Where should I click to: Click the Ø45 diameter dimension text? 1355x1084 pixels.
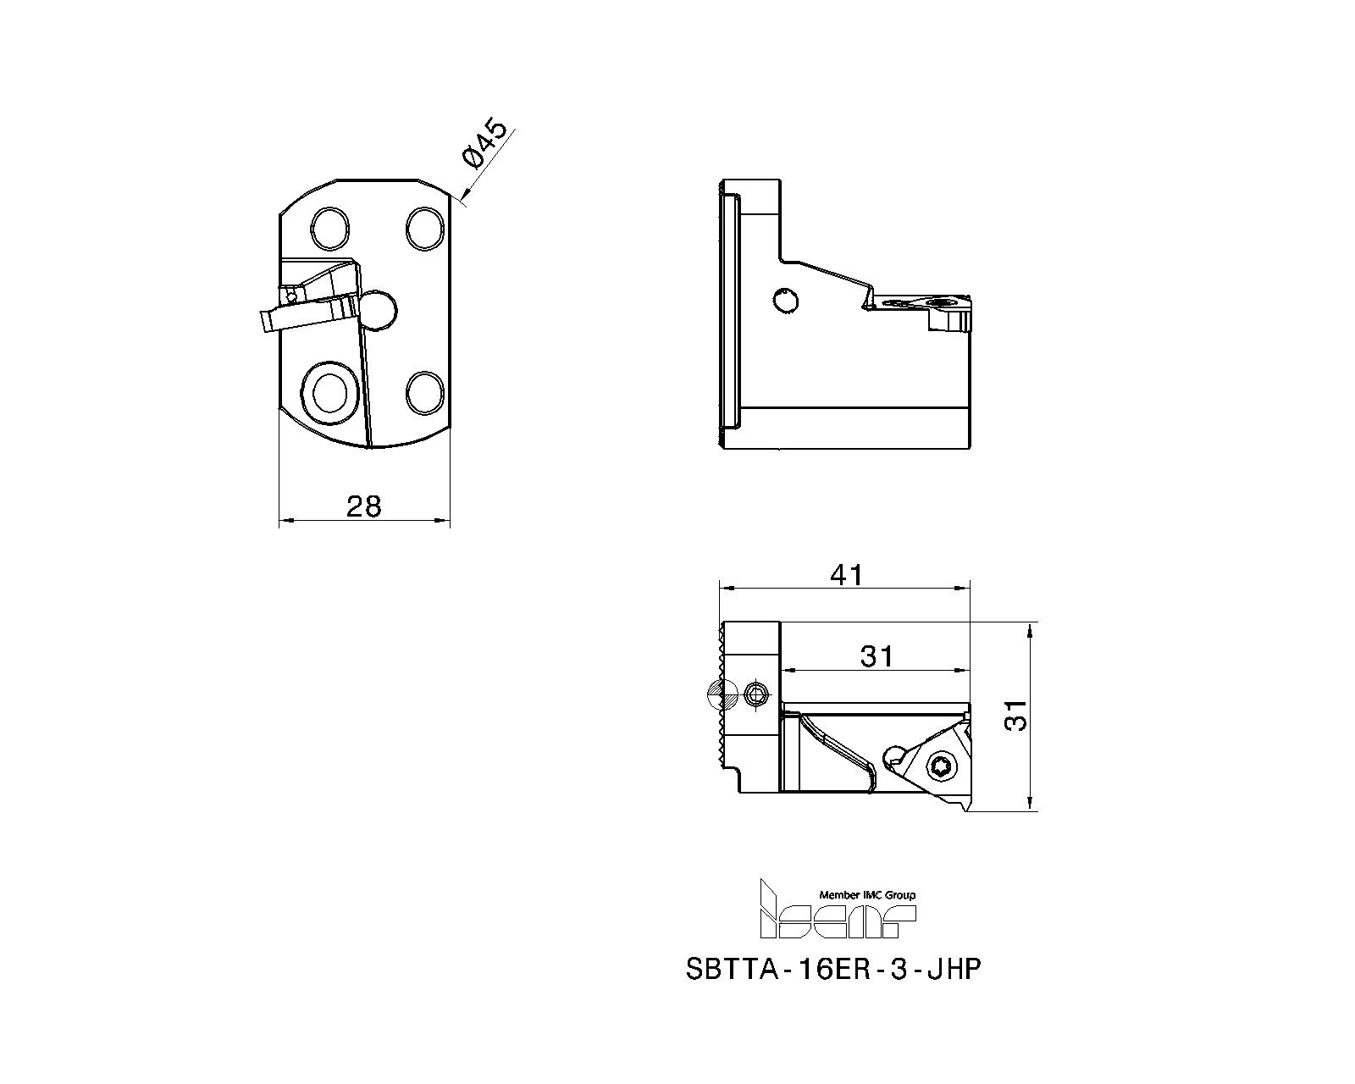tap(484, 145)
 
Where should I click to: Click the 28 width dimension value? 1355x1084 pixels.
tap(364, 506)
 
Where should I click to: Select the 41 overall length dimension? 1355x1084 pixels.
tap(846, 575)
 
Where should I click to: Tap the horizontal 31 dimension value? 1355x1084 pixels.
tap(877, 656)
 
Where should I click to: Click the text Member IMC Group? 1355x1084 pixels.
tap(866, 894)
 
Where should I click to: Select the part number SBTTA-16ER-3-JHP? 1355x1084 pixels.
tap(832, 969)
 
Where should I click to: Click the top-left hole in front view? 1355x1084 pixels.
tap(329, 227)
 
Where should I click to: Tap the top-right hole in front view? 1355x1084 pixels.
tap(423, 227)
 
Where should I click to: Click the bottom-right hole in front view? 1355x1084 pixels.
tap(423, 392)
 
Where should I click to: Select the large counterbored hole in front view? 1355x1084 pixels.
tap(329, 392)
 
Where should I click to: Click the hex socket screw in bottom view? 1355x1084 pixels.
tap(756, 695)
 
